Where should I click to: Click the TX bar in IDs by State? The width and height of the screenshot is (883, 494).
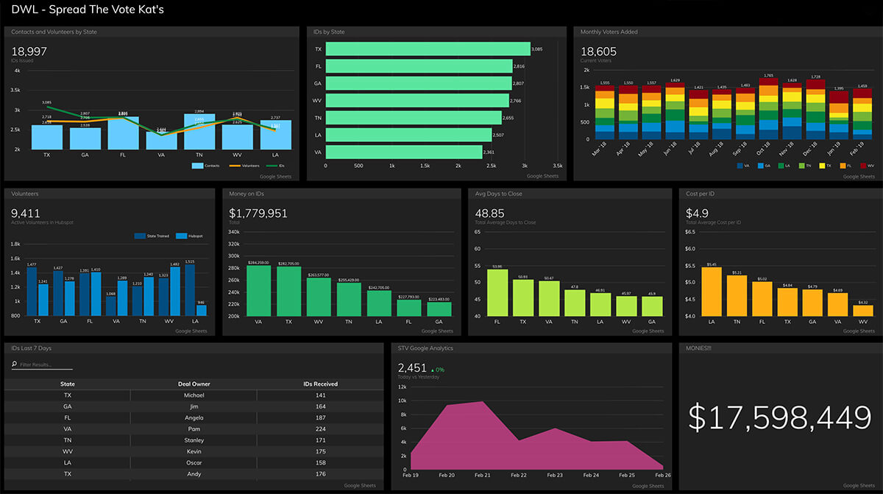[x=427, y=49]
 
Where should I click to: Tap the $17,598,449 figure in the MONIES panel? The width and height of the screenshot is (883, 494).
[x=779, y=417]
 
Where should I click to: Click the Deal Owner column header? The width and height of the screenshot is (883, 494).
[x=194, y=384]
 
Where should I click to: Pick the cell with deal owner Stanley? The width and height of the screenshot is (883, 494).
[x=194, y=440]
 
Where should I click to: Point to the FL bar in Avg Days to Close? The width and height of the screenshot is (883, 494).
[x=497, y=292]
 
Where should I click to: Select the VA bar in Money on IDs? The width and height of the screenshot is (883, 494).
[x=259, y=291]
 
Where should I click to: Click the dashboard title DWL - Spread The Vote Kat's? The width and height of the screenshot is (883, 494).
[x=88, y=10]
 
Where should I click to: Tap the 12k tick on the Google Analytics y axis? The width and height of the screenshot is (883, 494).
[x=402, y=387]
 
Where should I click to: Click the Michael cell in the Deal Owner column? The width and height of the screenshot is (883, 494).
[x=194, y=395]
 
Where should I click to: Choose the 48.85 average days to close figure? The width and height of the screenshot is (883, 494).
[x=490, y=214]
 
